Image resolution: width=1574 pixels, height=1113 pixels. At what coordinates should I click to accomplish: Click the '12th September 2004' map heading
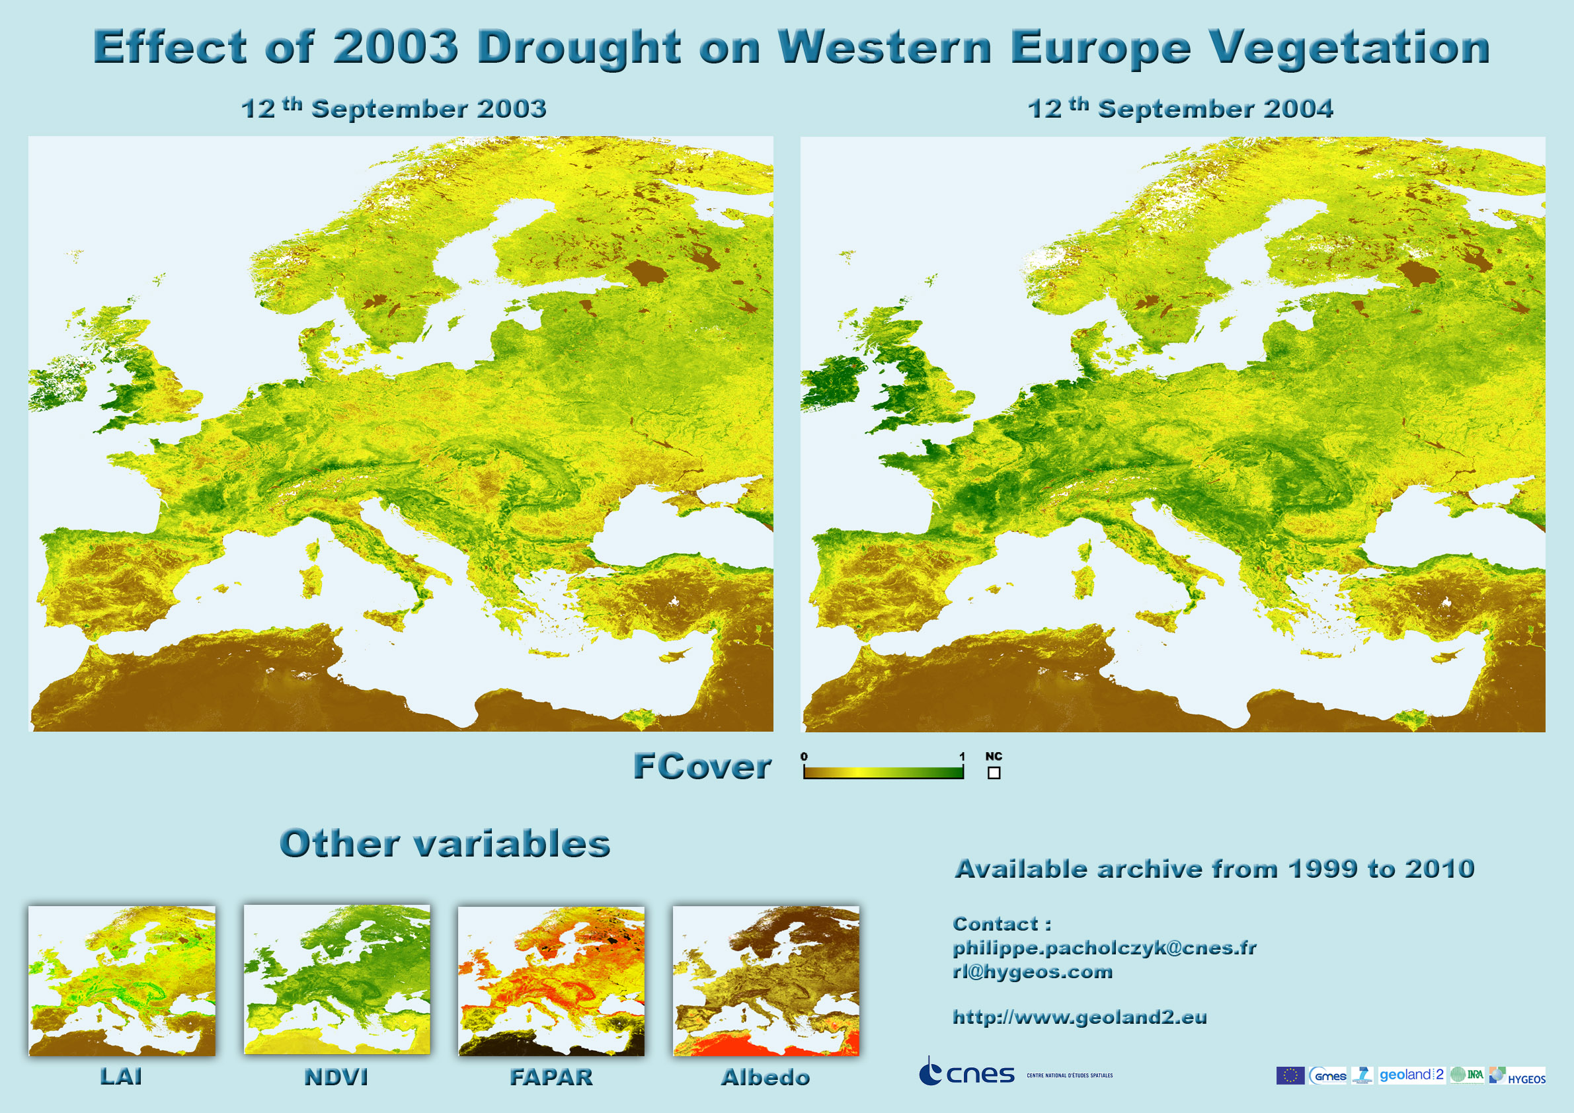(1180, 108)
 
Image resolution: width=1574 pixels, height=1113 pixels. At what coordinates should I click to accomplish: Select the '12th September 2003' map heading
(393, 108)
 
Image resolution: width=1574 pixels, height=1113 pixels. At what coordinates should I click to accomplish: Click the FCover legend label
(701, 766)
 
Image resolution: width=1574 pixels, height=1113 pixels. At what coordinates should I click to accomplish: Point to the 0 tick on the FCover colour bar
(804, 757)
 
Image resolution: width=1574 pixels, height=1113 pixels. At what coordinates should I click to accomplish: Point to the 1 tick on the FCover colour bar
(962, 757)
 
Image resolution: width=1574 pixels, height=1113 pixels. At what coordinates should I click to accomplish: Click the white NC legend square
(994, 773)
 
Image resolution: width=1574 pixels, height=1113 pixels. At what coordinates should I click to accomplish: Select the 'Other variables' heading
(445, 843)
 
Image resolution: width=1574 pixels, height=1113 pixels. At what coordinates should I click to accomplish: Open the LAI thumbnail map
(122, 980)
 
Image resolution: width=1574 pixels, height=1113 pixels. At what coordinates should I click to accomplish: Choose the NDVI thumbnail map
(337, 979)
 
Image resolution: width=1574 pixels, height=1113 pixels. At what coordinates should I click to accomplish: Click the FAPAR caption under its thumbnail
(551, 1077)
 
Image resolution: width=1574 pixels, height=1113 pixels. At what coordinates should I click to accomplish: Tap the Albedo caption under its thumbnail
(766, 1077)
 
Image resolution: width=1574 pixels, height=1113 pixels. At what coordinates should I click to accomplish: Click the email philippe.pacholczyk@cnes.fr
(1105, 948)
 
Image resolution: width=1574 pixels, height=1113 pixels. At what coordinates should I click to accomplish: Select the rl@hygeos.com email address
(1033, 972)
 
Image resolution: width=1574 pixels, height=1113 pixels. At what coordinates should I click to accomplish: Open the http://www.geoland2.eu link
(1080, 1017)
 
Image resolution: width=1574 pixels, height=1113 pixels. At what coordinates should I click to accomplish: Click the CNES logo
(966, 1072)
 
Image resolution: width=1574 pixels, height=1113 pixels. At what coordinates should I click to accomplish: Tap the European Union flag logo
(1290, 1075)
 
